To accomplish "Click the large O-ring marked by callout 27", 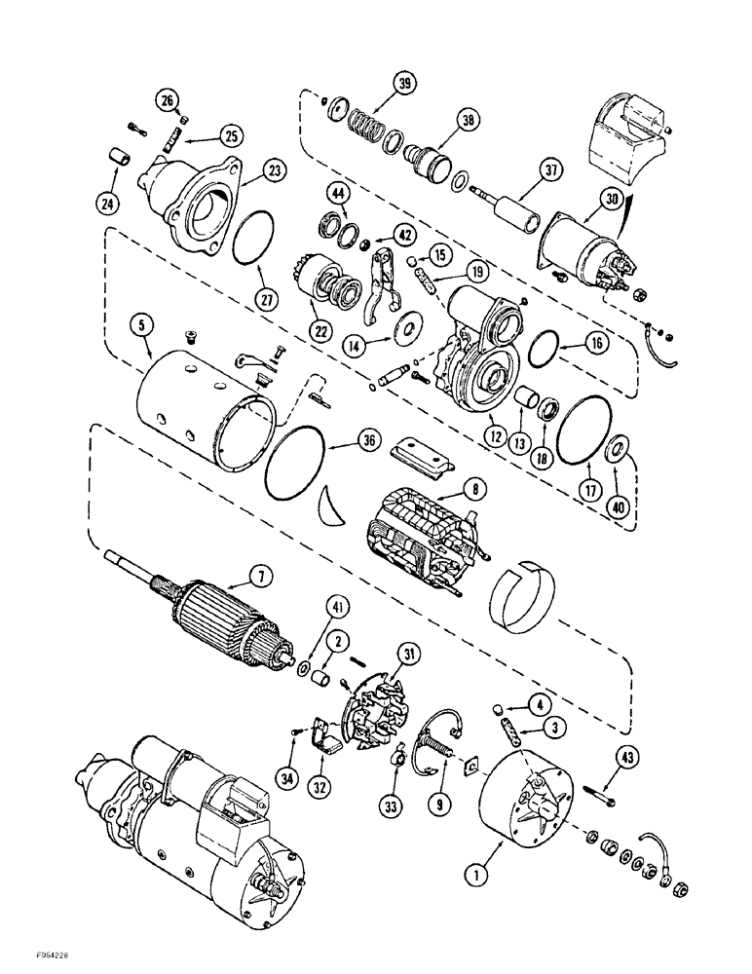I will coord(256,235).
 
